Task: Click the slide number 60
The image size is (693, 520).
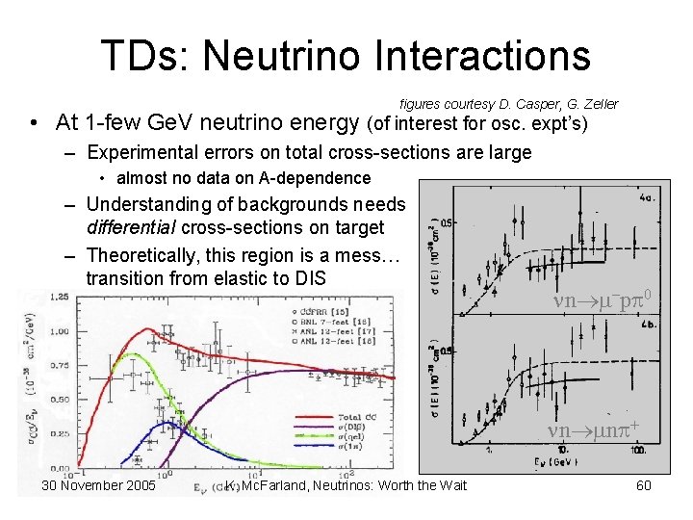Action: (644, 485)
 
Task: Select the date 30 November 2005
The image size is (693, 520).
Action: (98, 485)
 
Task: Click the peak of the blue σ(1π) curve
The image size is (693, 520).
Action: (168, 422)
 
